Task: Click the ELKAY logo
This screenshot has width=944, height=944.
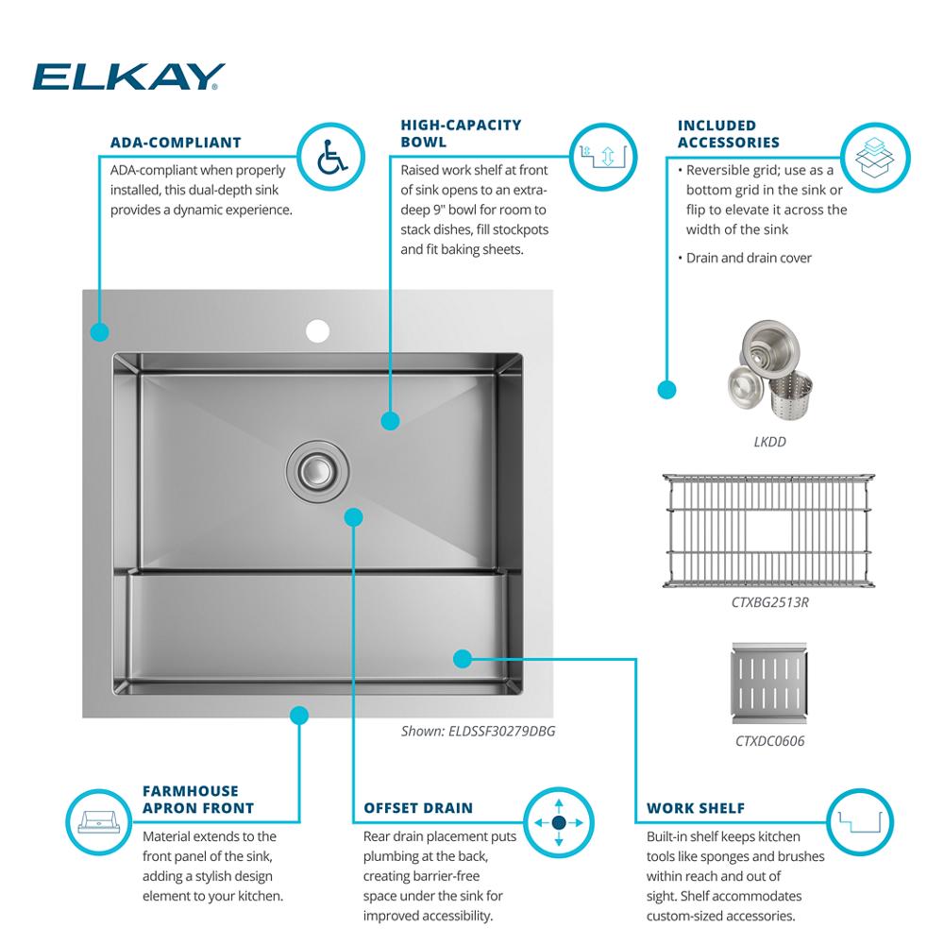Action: [x=128, y=76]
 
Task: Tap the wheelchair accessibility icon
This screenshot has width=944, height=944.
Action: [x=331, y=157]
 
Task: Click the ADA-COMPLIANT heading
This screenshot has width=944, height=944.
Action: [x=176, y=143]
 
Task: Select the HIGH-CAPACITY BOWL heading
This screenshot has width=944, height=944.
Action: [x=462, y=133]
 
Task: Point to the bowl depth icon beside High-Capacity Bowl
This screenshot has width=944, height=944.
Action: [x=602, y=157]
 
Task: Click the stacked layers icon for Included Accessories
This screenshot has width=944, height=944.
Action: [x=875, y=158]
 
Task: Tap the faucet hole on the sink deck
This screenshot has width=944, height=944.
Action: [x=317, y=330]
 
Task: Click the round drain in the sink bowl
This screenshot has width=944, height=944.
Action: [x=316, y=471]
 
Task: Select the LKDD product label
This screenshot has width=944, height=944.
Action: [x=770, y=442]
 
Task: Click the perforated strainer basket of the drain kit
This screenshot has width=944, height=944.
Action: [x=790, y=395]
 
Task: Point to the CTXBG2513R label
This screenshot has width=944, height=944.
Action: [x=770, y=602]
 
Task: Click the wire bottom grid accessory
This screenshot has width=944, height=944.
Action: [x=768, y=531]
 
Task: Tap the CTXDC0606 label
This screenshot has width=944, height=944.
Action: [x=770, y=740]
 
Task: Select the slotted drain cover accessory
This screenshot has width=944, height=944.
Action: [x=768, y=683]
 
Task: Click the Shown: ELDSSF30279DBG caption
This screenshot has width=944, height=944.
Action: [x=478, y=731]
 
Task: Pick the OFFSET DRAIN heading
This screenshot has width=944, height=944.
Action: [x=418, y=808]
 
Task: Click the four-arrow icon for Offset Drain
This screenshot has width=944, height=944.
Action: [x=559, y=822]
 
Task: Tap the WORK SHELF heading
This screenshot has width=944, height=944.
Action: [x=696, y=808]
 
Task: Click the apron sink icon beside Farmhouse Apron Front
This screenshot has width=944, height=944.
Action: [x=99, y=822]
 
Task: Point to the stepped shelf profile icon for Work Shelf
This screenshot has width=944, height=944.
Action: [x=860, y=822]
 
